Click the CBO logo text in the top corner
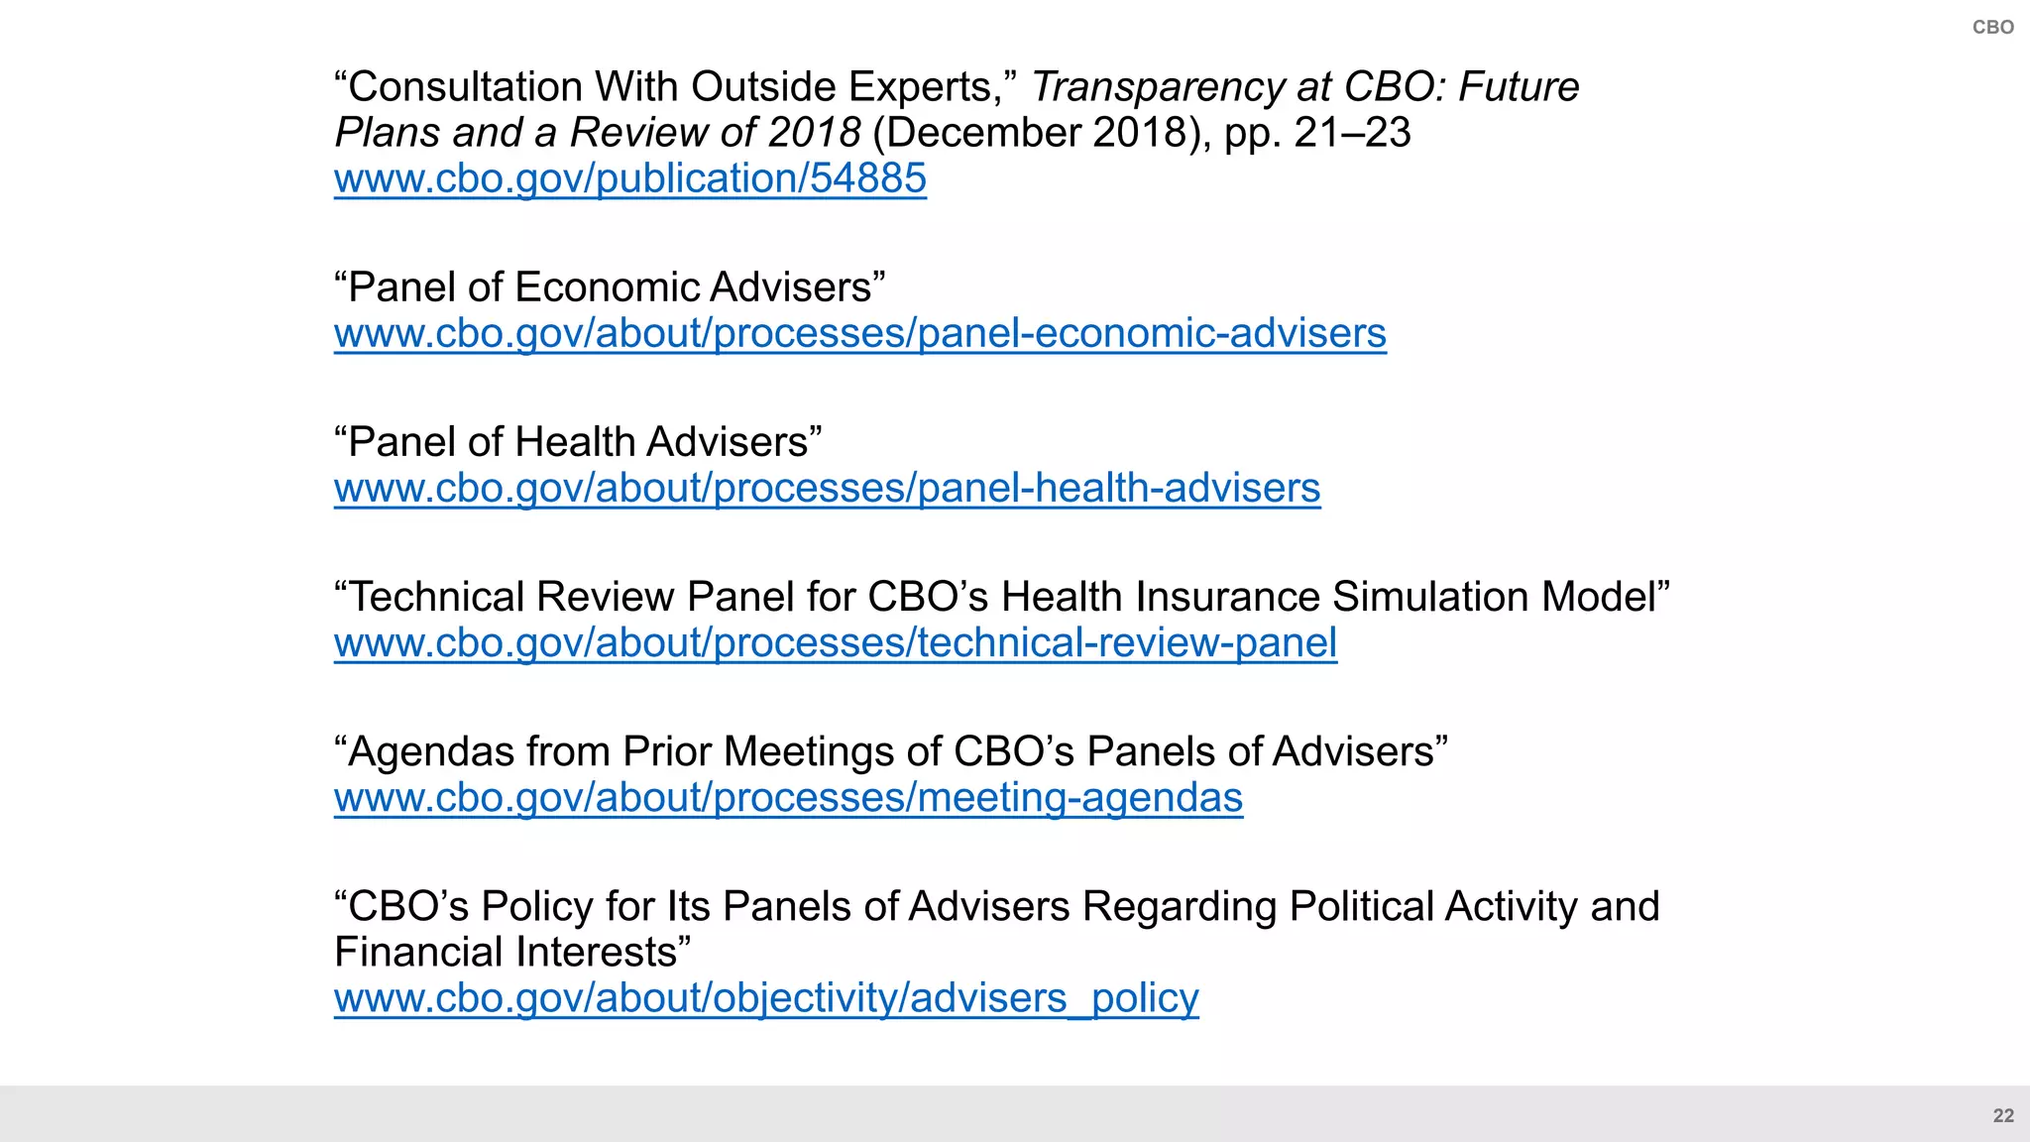pyautogui.click(x=1992, y=28)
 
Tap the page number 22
pyautogui.click(x=2003, y=1115)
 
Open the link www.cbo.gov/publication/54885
pyautogui.click(x=629, y=178)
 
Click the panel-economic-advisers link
pyautogui.click(x=859, y=333)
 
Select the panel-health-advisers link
pyautogui.click(x=827, y=488)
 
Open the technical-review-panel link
pyautogui.click(x=835, y=642)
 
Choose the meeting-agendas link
pyautogui.click(x=788, y=797)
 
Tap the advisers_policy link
pyautogui.click(x=766, y=997)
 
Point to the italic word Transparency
pyautogui.click(x=1156, y=87)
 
